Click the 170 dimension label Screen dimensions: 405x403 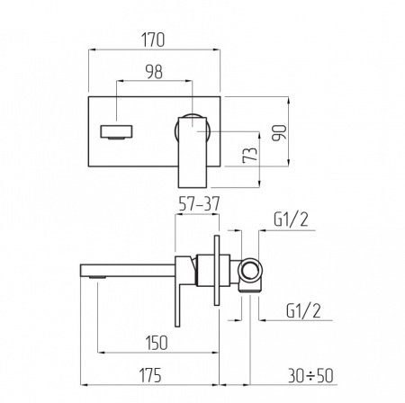click(x=153, y=40)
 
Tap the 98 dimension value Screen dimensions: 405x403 click(x=154, y=72)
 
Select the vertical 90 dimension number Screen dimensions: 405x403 click(x=279, y=133)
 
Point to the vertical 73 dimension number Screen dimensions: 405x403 click(x=250, y=155)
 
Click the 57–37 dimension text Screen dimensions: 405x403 click(x=199, y=204)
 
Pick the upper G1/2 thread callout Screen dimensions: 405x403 click(x=291, y=219)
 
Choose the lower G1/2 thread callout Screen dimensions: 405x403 click(x=303, y=310)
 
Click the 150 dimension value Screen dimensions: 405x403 click(x=157, y=343)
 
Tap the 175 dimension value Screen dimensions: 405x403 click(x=150, y=375)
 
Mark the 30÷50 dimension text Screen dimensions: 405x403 click(x=310, y=375)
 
